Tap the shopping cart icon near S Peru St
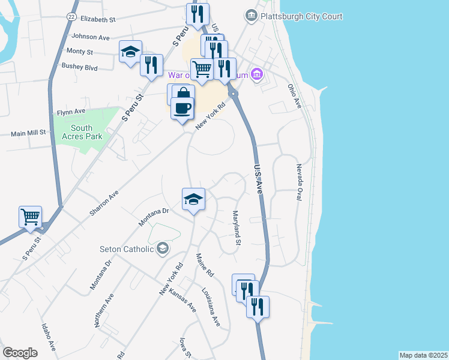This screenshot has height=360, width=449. (31, 217)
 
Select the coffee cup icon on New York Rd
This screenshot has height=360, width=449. (182, 109)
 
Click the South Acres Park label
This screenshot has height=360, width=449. (82, 132)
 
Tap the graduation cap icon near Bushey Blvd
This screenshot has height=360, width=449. (130, 52)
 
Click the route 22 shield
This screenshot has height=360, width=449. (71, 18)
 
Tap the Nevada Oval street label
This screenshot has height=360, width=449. (297, 182)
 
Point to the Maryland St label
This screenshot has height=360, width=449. (237, 227)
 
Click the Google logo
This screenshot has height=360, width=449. (20, 352)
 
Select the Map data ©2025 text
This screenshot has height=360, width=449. (423, 355)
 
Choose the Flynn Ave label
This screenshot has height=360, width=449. (71, 112)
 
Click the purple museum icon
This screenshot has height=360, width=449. (257, 74)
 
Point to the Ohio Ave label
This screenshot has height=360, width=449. (295, 96)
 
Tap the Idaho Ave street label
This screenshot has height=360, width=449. (49, 338)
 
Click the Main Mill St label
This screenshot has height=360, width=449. (28, 132)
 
